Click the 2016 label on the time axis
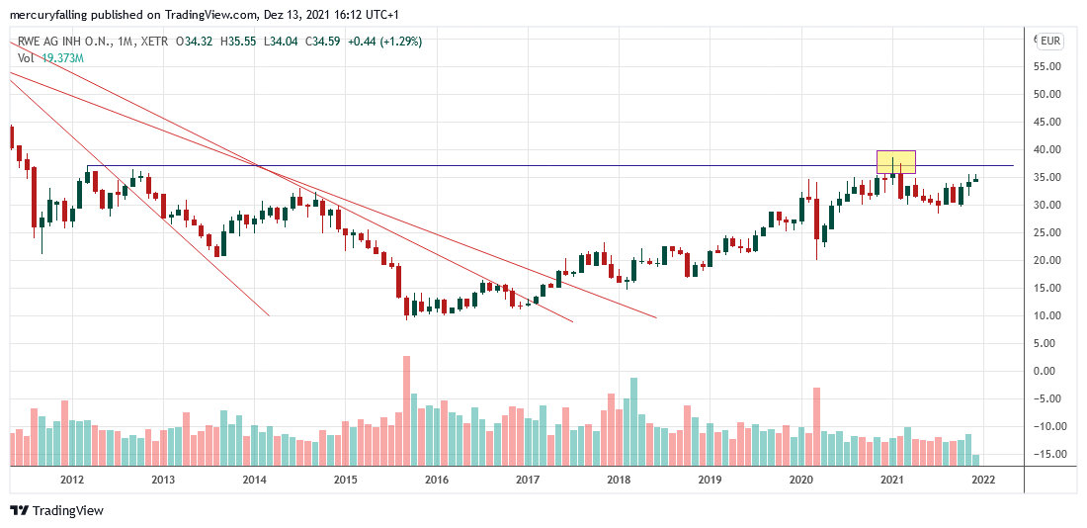(436, 480)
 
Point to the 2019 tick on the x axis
(710, 480)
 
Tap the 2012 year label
(71, 480)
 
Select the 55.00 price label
(1046, 66)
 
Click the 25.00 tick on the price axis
(1046, 232)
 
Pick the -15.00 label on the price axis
(1045, 454)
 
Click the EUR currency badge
(1049, 41)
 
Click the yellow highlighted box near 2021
(896, 161)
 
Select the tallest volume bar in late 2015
(406, 410)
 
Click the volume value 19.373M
(62, 58)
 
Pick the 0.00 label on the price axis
(1046, 371)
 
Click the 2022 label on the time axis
(982, 480)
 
